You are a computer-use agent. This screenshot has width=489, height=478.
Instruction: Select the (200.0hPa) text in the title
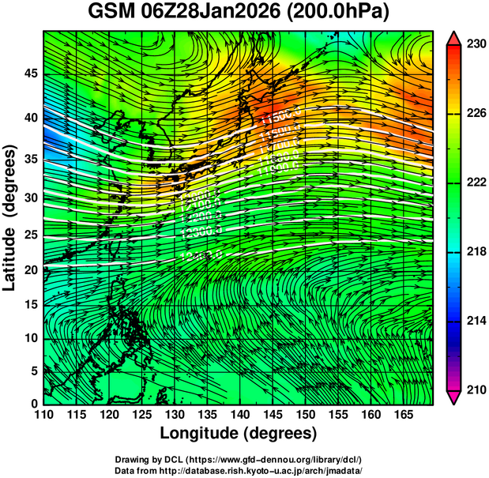pyautogui.click(x=344, y=13)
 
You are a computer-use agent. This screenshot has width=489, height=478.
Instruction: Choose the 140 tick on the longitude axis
pyautogui.click(x=239, y=415)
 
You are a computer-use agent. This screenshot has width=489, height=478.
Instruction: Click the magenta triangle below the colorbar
pyautogui.click(x=454, y=397)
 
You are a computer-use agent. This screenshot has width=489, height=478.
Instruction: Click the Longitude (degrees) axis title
pyautogui.click(x=239, y=433)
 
